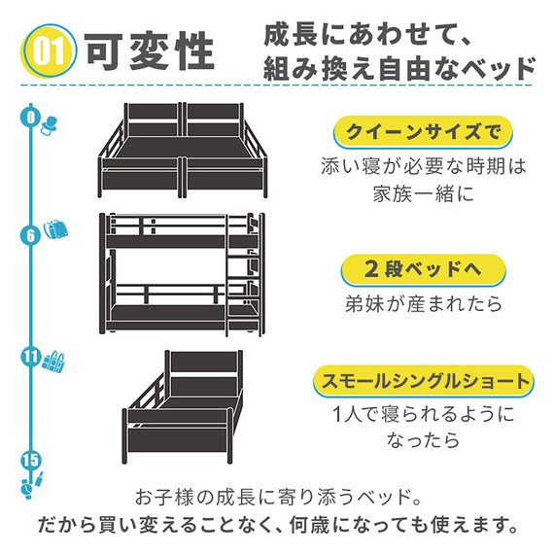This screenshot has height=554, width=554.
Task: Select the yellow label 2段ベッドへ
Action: coord(423,268)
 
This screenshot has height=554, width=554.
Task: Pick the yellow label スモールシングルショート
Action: coord(423,380)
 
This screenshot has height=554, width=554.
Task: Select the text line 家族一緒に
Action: coord(423,193)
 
